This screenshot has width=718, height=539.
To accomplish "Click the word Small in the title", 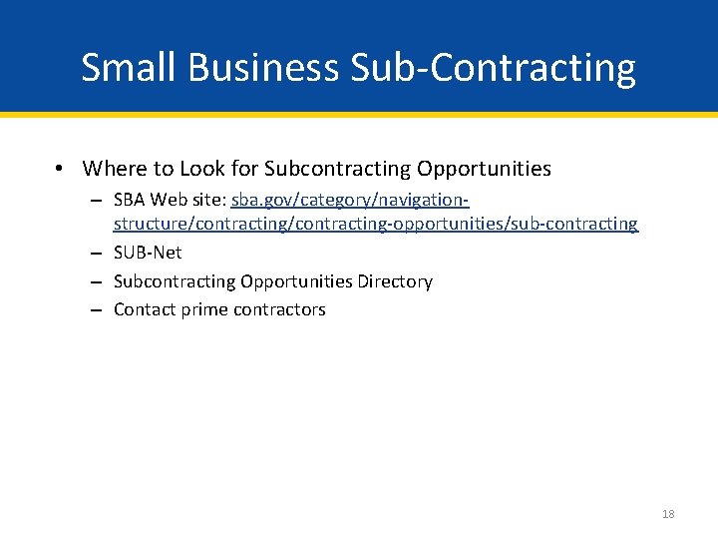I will (127, 68).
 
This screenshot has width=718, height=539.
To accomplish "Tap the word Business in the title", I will (261, 68).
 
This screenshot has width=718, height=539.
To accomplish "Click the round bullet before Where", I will (61, 170).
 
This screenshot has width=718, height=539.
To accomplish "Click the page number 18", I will (667, 514).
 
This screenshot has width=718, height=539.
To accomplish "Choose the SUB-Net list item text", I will (148, 253).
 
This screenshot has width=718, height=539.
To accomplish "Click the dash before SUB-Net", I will (96, 253).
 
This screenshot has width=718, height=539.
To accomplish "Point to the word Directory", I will (395, 281).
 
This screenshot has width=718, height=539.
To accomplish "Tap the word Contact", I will (145, 309).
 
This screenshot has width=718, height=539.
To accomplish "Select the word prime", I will (204, 309).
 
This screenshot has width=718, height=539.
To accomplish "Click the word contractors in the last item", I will (279, 309).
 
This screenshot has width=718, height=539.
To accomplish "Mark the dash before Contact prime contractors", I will (96, 309).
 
